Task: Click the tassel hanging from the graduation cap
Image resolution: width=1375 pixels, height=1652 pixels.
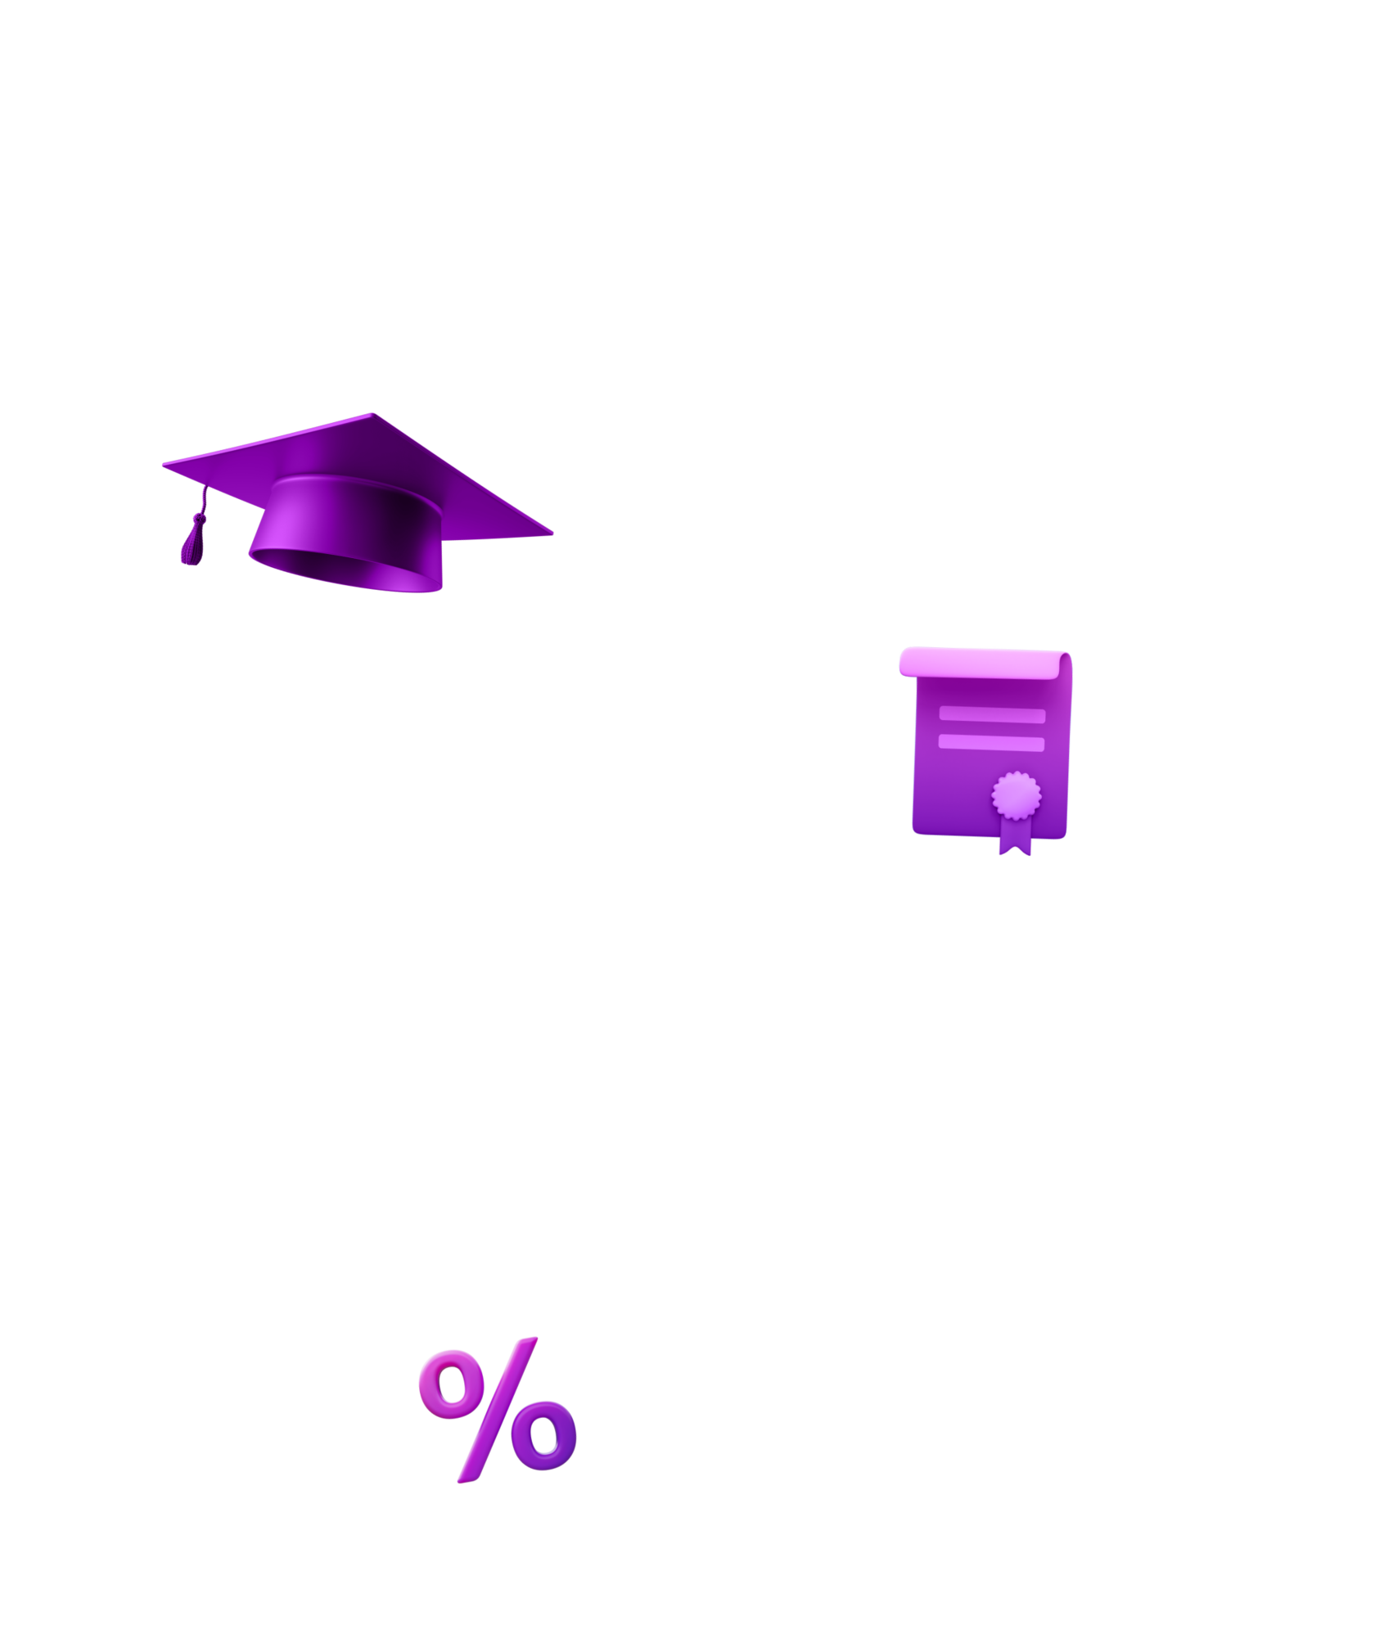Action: point(192,542)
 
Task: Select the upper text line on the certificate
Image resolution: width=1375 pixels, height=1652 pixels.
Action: point(992,714)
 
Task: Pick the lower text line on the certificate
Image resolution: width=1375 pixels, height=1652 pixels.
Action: point(992,743)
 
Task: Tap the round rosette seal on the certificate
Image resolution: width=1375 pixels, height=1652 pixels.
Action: point(1017,794)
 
